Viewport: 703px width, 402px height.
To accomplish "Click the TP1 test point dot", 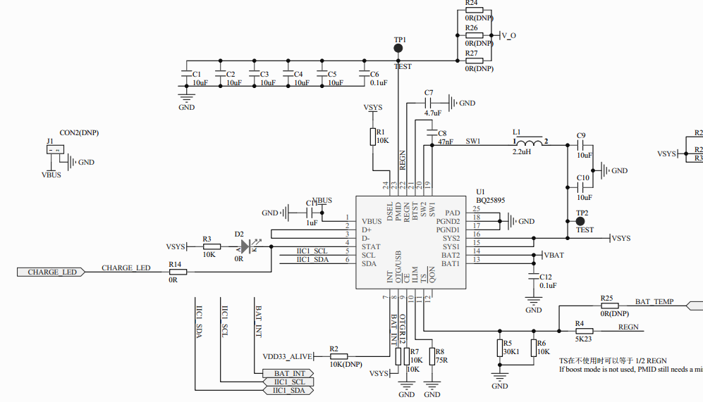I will pos(398,49).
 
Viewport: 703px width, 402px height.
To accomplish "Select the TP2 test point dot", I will pos(581,221).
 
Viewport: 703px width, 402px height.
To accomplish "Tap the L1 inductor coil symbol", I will pos(527,146).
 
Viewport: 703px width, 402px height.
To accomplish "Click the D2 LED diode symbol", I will pos(245,247).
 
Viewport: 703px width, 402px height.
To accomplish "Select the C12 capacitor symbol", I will pos(534,277).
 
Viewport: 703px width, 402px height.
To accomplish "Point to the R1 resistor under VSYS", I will pos(372,137).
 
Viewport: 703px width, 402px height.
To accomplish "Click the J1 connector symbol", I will pos(55,149).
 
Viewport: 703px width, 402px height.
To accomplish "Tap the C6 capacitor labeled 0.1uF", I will pos(365,75).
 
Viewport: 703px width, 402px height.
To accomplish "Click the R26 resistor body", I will pos(474,34).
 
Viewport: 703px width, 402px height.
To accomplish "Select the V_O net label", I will pos(508,34).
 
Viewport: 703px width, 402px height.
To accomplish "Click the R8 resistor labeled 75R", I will pos(429,356).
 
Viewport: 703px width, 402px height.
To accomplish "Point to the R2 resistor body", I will pos(338,356).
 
